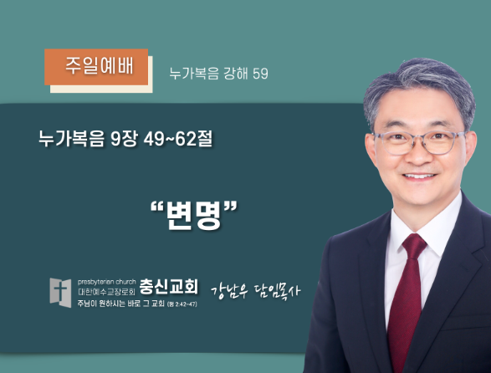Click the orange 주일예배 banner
point(96,67)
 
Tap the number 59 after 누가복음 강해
point(260,74)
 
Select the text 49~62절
point(178,139)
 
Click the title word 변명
point(194,215)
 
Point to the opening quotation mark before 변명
point(157,207)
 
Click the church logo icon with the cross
point(60,293)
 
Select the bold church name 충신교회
point(168,287)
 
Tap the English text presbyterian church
point(106,282)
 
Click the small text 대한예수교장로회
point(106,292)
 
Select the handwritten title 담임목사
point(277,291)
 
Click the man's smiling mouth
point(419,176)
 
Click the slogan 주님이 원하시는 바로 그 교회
point(121,304)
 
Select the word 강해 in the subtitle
point(236,74)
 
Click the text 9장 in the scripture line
point(124,139)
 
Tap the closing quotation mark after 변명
point(231,207)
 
